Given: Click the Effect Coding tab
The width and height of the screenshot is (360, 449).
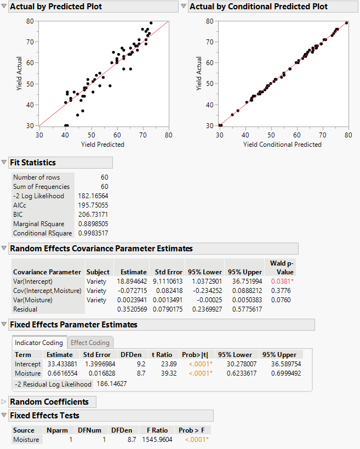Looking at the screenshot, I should click(90, 343).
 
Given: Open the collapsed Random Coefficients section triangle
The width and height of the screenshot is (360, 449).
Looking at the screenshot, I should click(4, 402).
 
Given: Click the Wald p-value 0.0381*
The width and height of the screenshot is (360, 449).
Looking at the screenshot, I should click(282, 281).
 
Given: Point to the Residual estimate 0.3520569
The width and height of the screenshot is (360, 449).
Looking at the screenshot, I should click(130, 309).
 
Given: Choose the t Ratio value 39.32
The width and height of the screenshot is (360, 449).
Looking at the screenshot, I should click(165, 373).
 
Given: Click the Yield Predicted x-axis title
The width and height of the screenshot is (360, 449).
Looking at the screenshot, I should click(102, 145).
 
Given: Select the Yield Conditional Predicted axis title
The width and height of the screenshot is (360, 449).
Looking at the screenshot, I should click(282, 145).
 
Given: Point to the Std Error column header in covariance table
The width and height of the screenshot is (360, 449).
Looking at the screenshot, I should click(168, 272).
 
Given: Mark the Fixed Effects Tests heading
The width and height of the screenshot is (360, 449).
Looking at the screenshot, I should click(44, 416).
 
